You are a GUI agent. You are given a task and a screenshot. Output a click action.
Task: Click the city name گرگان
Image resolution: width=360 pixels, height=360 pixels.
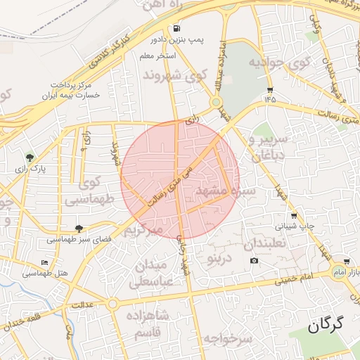[329, 325]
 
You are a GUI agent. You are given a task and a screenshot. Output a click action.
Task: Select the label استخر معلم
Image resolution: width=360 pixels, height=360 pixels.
[157, 55]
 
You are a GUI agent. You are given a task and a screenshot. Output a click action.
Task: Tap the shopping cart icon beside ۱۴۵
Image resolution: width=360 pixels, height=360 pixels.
[271, 90]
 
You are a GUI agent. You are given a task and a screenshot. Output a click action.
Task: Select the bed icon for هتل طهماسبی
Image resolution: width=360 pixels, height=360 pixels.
[45, 262]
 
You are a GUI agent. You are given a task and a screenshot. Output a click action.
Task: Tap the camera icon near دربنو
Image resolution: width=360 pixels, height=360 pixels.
[254, 261]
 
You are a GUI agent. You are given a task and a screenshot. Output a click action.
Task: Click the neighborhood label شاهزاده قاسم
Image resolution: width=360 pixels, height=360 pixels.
[147, 323]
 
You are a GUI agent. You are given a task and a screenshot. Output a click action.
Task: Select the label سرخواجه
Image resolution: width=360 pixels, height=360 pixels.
[227, 339]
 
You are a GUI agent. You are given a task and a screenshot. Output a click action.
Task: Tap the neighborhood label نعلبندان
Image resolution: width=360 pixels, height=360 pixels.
[264, 244]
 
